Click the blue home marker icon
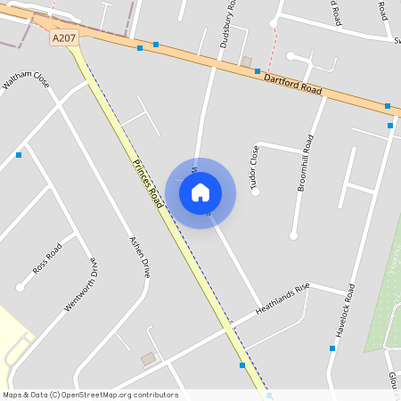(x=200, y=192)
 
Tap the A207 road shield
(x=64, y=38)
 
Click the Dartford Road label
(x=292, y=85)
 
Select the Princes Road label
(x=148, y=184)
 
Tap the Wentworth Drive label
(x=79, y=284)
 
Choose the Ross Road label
(x=46, y=255)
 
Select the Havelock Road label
(x=345, y=310)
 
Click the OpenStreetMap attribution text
(x=90, y=395)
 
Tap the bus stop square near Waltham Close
(x=19, y=155)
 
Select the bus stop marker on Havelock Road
(x=332, y=348)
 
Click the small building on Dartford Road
(x=247, y=61)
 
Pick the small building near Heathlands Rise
(x=148, y=359)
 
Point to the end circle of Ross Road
(x=20, y=287)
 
